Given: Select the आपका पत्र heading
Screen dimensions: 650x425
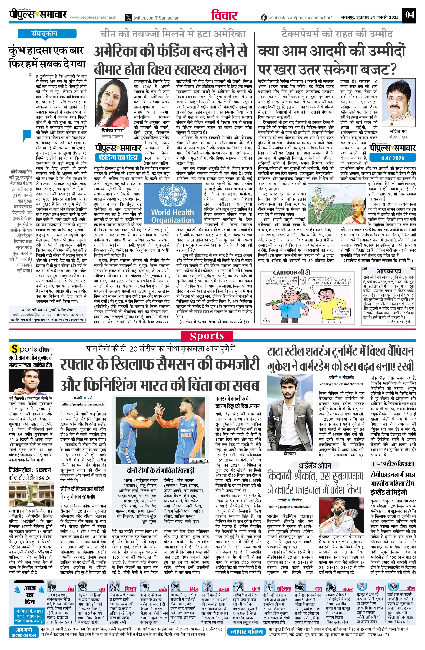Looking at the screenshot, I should (x=389, y=271).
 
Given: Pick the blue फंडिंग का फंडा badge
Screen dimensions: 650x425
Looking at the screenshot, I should (x=118, y=158).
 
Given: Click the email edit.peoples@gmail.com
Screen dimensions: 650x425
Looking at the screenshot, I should (x=32, y=315).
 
